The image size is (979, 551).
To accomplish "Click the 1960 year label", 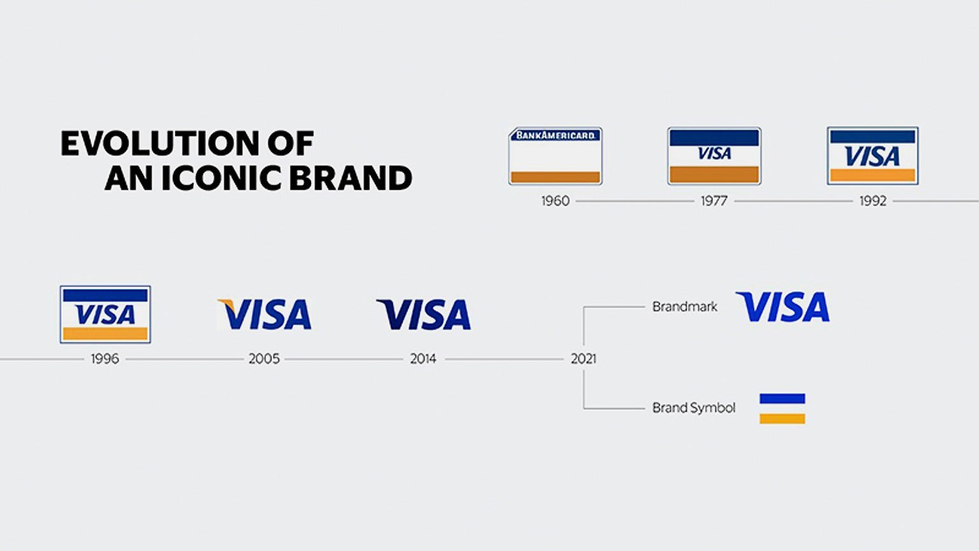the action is click(x=556, y=201).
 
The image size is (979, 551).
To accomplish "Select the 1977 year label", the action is click(x=714, y=201).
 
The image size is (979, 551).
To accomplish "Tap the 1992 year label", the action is click(x=873, y=201).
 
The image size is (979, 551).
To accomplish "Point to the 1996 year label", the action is click(x=105, y=359).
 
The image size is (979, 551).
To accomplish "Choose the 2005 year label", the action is click(x=264, y=359).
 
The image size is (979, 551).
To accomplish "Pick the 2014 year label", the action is click(x=423, y=359).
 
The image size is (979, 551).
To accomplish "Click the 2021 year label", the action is click(x=584, y=359).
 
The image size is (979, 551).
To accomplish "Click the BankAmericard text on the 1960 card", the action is click(x=556, y=135).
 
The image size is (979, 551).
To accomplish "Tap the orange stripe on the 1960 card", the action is click(x=556, y=177).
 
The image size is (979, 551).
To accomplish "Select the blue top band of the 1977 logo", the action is click(x=714, y=137).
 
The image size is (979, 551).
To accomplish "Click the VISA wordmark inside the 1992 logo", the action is click(x=872, y=156).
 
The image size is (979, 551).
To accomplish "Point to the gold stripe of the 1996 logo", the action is click(x=106, y=333).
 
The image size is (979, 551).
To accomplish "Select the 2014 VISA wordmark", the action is click(x=423, y=314).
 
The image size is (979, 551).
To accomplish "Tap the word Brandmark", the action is click(x=685, y=307).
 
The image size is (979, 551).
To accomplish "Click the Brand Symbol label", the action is click(x=694, y=408).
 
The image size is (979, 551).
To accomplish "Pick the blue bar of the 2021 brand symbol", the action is click(x=783, y=398).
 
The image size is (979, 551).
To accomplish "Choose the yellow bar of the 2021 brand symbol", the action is click(x=783, y=419).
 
